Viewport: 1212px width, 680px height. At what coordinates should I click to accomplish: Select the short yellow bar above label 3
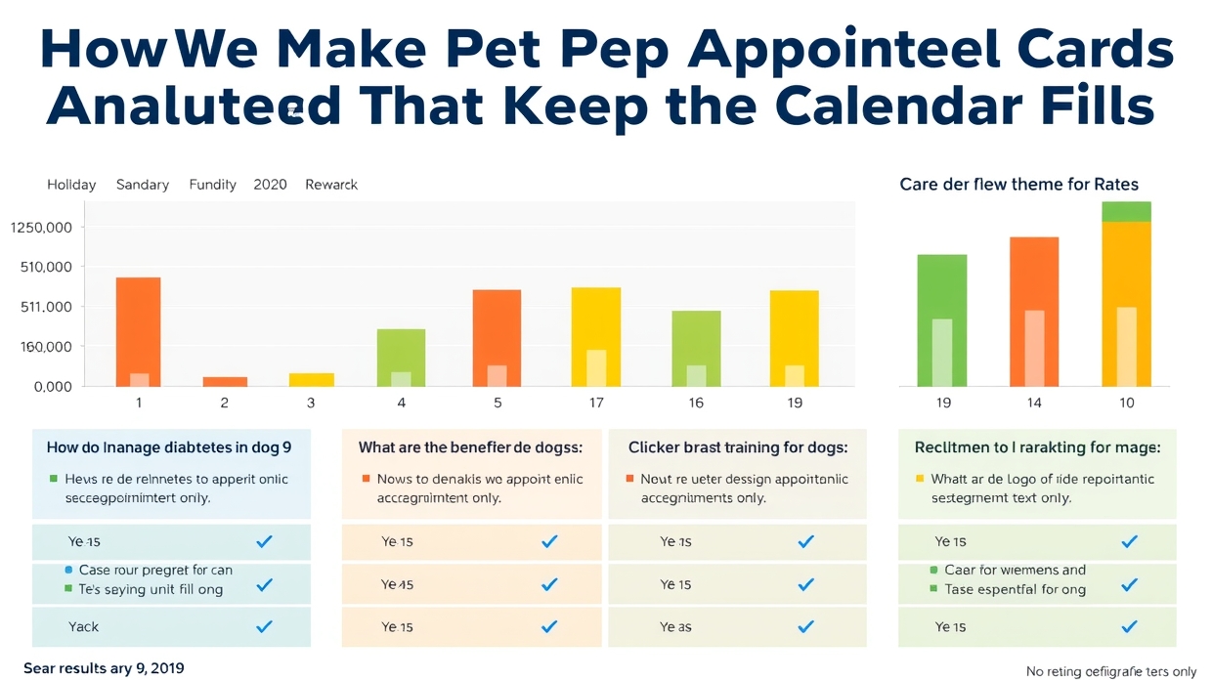[311, 379]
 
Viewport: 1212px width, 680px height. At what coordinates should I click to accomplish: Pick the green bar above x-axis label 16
[696, 347]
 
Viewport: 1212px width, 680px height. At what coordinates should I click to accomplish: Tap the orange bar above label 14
[1033, 311]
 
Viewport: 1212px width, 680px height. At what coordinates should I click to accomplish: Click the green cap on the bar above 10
[1126, 211]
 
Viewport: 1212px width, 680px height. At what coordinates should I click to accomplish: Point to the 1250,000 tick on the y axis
[41, 228]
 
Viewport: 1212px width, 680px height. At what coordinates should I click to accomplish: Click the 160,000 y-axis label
[41, 347]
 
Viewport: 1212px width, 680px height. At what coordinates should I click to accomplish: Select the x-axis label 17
[595, 403]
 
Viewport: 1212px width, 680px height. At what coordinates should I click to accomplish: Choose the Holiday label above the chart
[71, 185]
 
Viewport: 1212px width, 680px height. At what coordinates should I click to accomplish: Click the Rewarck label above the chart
[331, 185]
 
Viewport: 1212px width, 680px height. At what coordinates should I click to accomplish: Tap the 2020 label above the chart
[270, 185]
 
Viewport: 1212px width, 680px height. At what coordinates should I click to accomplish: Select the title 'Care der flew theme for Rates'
[1018, 184]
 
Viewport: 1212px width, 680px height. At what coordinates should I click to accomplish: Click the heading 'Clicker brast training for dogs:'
[738, 447]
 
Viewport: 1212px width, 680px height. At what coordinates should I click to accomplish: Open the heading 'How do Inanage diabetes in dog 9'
[169, 447]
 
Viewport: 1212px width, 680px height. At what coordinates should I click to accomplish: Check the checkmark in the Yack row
[264, 627]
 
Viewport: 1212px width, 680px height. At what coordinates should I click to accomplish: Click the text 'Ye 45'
[397, 585]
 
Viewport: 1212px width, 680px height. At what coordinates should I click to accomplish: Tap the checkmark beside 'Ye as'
[805, 627]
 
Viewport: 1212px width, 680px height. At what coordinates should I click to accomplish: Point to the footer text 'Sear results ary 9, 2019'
[104, 668]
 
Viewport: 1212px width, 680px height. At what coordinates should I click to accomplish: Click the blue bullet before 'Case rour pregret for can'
[67, 570]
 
